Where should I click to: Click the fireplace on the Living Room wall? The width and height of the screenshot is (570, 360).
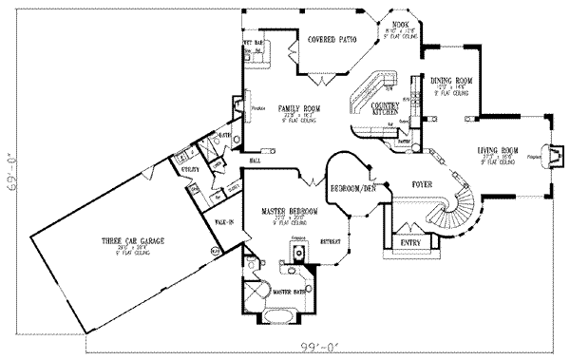pyautogui.click(x=554, y=153)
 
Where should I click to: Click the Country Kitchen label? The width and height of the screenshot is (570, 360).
pyautogui.click(x=383, y=108)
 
